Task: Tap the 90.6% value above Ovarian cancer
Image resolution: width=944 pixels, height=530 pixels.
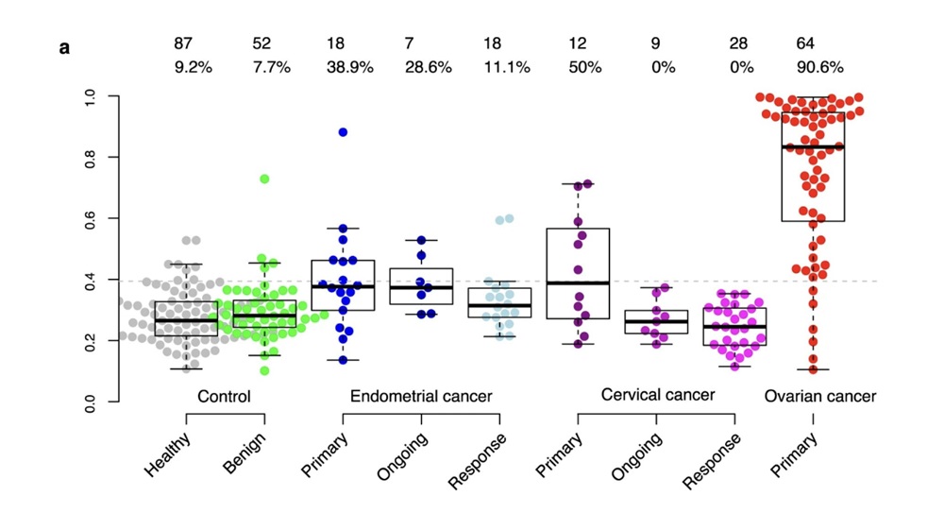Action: tap(820, 68)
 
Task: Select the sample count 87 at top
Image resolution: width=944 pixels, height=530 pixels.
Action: tap(184, 43)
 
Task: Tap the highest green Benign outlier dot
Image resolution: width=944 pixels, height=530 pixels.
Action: tap(265, 179)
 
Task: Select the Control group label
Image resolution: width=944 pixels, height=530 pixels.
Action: tap(224, 396)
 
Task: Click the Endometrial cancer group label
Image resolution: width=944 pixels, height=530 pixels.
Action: tap(421, 396)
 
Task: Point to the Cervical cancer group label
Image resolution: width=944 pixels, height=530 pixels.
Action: tap(658, 394)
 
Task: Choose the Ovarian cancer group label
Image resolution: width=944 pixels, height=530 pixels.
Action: tap(820, 396)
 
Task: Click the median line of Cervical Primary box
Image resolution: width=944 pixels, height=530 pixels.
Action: tap(578, 282)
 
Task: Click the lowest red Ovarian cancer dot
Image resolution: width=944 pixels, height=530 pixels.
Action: tap(813, 369)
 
